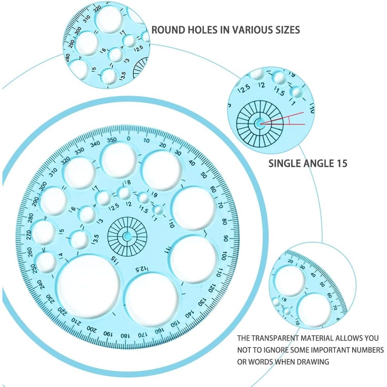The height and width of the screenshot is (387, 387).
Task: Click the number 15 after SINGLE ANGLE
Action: click(341, 163)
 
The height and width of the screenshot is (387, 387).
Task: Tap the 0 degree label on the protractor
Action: click(128, 138)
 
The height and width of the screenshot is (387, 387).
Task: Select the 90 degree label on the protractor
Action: click(226, 238)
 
